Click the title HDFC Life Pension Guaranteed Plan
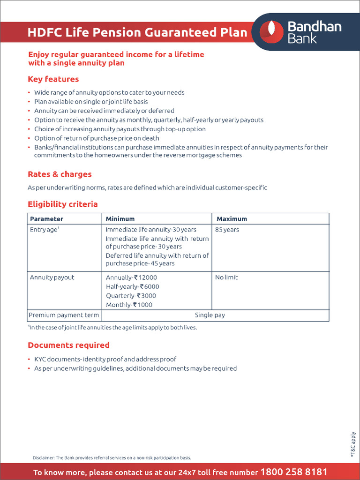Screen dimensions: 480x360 (137, 32)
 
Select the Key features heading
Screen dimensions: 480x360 (53, 79)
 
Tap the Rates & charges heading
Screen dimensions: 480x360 (60, 174)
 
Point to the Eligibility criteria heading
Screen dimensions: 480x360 (63, 204)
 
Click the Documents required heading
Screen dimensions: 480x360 (68, 345)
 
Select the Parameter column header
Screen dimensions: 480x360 (46, 219)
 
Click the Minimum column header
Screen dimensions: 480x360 (120, 219)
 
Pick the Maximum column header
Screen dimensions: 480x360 (232, 219)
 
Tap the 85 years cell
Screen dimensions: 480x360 (227, 230)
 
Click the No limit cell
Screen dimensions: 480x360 (226, 277)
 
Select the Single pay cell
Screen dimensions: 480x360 (210, 315)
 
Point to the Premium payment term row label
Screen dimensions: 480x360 (64, 315)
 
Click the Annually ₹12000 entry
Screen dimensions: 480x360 (131, 277)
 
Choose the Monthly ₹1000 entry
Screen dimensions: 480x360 (129, 305)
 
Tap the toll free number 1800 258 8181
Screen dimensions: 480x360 (293, 472)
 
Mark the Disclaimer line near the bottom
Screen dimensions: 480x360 (112, 457)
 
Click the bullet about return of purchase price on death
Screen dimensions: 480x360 (97, 138)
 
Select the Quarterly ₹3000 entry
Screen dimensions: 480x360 (131, 296)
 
